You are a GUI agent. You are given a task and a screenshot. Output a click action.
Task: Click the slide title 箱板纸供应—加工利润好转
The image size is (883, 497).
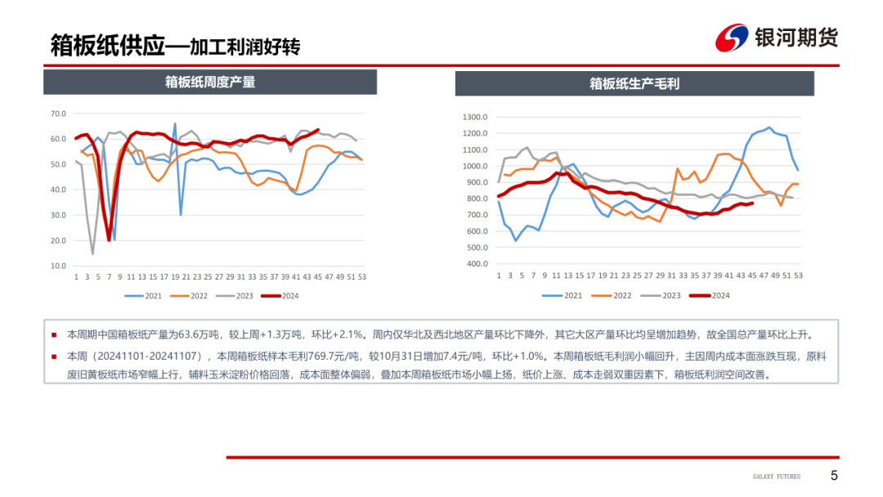click(175, 45)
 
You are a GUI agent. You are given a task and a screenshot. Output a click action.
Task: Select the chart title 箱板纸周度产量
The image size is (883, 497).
click(210, 82)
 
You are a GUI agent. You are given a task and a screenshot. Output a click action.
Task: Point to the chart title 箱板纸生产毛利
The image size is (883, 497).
click(634, 83)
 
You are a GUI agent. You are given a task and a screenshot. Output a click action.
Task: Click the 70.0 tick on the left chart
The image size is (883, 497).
click(58, 114)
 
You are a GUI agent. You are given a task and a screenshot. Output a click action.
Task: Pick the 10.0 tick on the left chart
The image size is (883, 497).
click(58, 266)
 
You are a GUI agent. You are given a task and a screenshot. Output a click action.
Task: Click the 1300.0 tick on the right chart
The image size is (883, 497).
click(474, 117)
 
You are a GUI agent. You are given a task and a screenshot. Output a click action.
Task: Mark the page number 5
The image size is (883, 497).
click(834, 476)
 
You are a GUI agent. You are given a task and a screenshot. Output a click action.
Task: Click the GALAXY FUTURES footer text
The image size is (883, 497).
click(777, 477)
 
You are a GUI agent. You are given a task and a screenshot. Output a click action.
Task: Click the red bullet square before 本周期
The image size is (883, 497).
click(55, 334)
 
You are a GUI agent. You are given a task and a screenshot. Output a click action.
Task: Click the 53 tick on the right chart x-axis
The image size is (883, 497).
click(799, 276)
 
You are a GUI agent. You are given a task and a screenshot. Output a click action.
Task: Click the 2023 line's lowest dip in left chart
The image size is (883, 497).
click(92, 253)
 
